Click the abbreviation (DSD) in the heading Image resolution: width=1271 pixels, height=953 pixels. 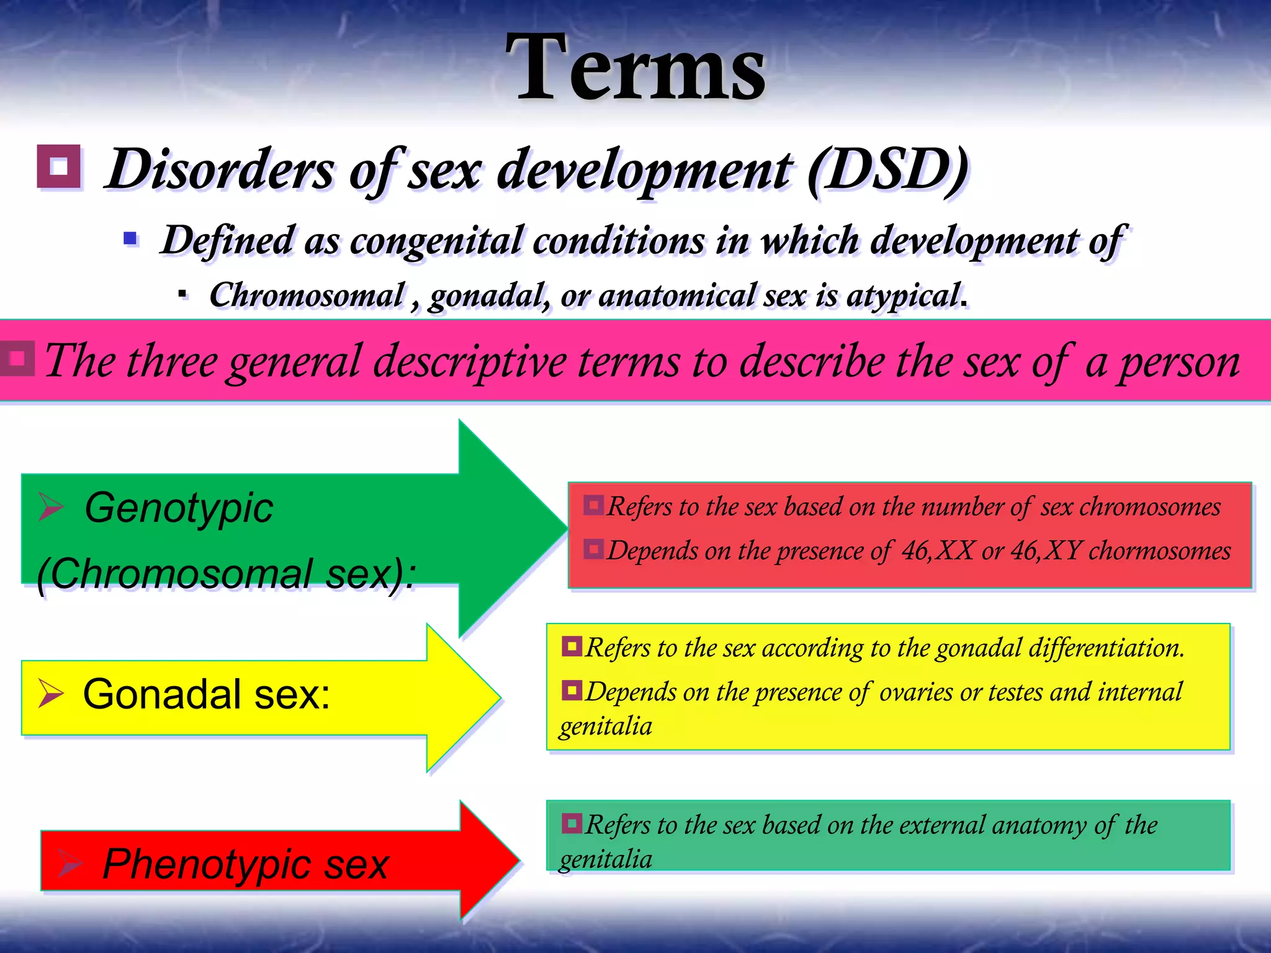(887, 169)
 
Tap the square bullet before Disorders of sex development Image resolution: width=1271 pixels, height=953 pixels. (59, 166)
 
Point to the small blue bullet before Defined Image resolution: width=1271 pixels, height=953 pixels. (130, 238)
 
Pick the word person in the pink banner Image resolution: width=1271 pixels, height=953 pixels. (1179, 362)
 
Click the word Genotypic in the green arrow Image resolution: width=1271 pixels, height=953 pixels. (179, 508)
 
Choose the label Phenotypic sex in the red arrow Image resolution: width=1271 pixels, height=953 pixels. (245, 864)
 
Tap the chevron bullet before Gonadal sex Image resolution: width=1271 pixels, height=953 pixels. (51, 693)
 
